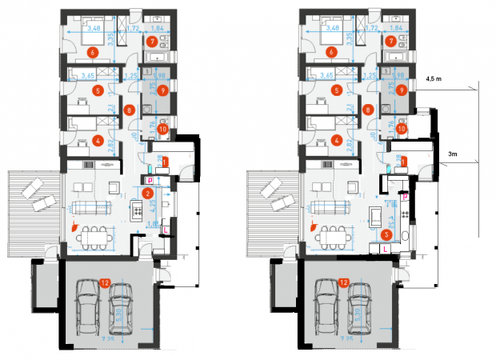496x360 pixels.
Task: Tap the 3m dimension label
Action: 452,152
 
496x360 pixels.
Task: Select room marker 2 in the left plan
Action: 147,192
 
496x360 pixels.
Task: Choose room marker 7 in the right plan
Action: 391,41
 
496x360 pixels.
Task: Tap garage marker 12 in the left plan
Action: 105,282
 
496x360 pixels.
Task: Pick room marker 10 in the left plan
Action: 162,129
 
